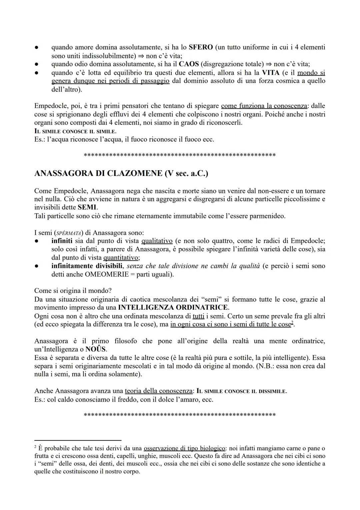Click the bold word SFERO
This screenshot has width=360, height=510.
pos(201,47)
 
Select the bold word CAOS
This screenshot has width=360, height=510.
pos(189,64)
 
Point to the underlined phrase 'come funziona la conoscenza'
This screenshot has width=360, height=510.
pos(264,106)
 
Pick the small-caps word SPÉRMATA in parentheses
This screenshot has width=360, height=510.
pos(64,233)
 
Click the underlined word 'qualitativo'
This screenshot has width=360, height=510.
pos(157,241)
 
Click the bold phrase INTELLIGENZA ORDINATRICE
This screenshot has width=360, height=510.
pos(173,307)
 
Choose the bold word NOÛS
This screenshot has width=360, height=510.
pos(96,349)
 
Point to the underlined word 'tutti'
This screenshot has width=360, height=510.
pos(199,316)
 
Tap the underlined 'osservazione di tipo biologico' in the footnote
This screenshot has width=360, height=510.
pos(184,448)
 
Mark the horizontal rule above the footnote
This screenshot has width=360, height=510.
pos(78,440)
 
